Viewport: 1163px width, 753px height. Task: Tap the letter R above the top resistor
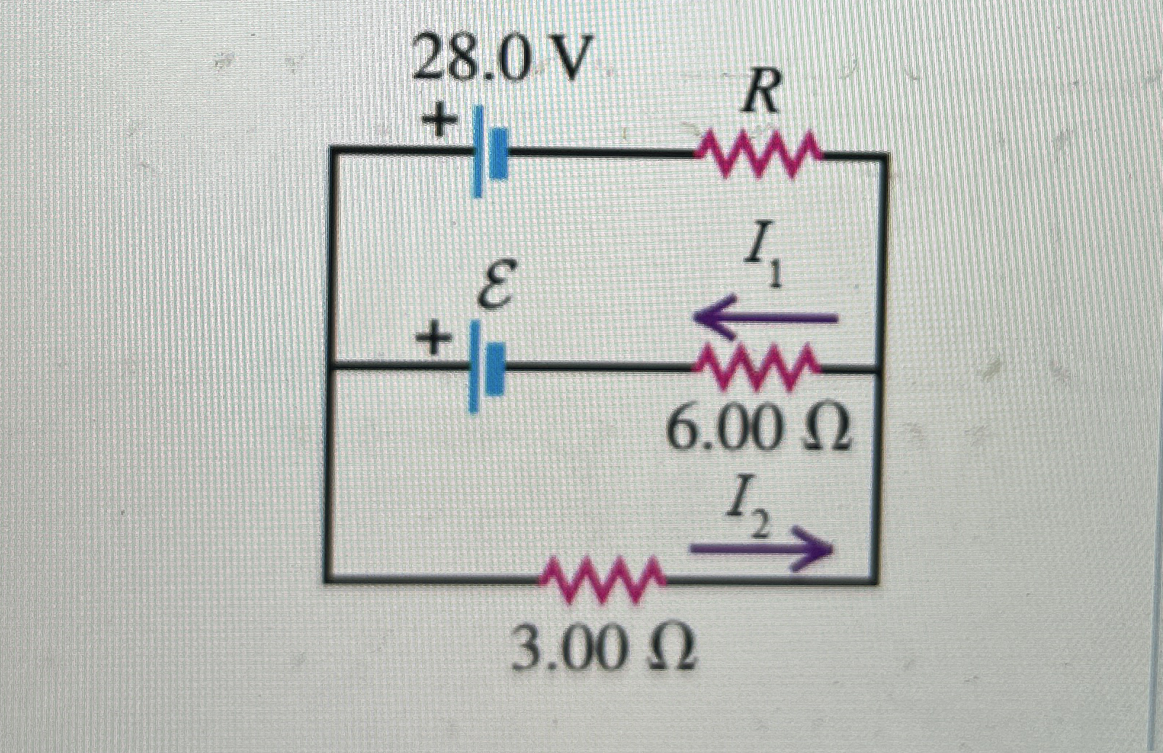760,95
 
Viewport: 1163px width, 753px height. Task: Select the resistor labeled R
759,153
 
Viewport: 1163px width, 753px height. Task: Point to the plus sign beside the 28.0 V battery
436,121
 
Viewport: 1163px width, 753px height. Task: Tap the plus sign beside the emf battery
431,339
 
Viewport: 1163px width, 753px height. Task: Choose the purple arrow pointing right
760,549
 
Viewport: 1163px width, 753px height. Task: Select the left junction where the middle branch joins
330,368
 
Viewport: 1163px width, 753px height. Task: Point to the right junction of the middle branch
881,371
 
